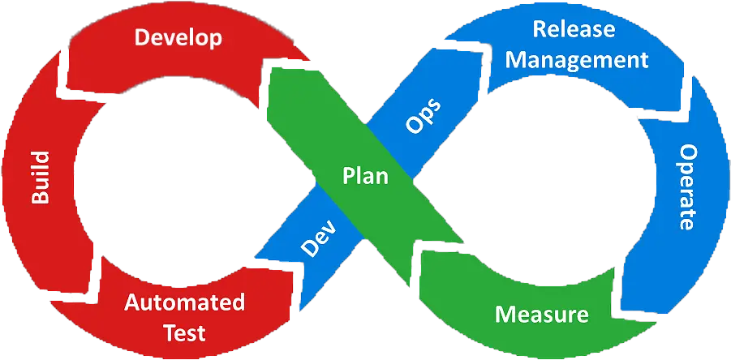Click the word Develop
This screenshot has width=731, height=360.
point(178,37)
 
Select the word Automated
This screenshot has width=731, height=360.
point(184,303)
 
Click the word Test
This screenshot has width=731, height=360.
point(184,332)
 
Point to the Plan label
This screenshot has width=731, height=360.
point(365,176)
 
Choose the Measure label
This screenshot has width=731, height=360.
point(542,314)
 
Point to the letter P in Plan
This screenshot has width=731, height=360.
point(349,176)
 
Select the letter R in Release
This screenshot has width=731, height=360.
point(539,30)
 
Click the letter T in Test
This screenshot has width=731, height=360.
point(168,332)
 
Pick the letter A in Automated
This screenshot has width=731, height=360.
point(131,303)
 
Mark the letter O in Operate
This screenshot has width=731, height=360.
point(688,154)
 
